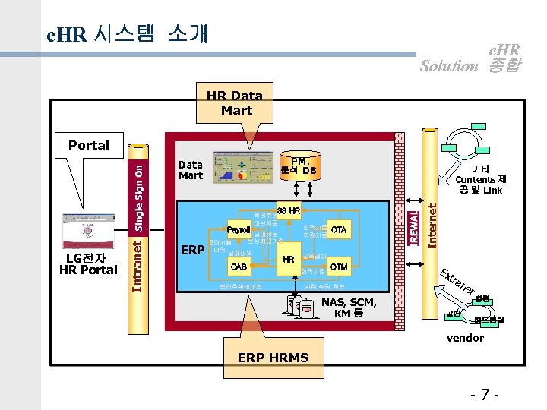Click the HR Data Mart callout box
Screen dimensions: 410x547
click(x=235, y=102)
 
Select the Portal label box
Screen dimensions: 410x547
click(x=89, y=145)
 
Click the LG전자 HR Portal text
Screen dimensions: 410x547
click(x=88, y=264)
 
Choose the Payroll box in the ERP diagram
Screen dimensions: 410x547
click(x=239, y=230)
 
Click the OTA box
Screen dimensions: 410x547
click(x=339, y=229)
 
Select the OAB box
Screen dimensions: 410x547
click(x=239, y=266)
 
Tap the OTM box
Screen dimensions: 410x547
click(x=339, y=266)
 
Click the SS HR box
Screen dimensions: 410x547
click(x=289, y=210)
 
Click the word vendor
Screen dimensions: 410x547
click(x=465, y=337)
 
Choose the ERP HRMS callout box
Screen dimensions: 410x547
click(x=273, y=358)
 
